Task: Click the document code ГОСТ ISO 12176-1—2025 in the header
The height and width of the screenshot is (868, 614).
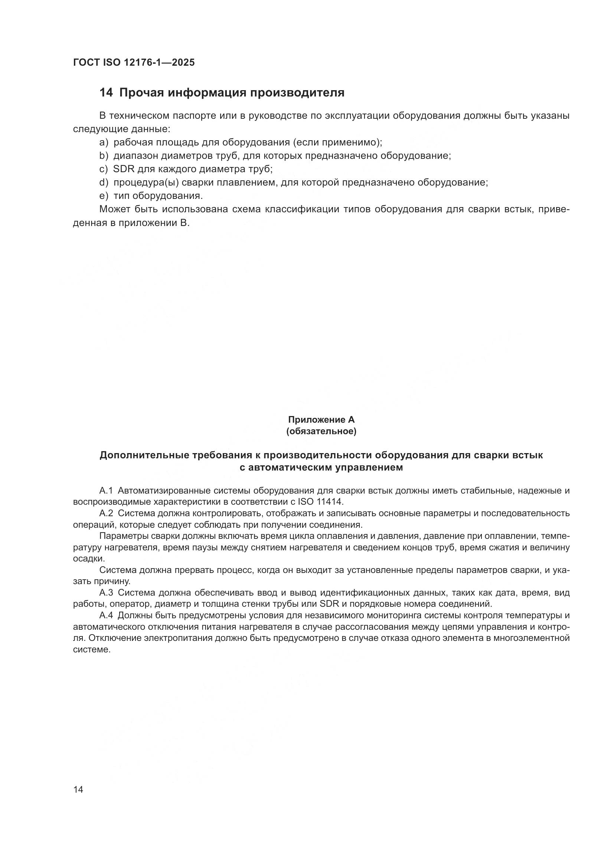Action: coord(134,62)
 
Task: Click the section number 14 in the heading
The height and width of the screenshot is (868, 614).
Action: coord(106,93)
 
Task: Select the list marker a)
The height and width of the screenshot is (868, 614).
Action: coord(104,143)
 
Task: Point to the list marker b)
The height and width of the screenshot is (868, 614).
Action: coord(104,156)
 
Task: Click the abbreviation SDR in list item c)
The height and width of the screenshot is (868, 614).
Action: coord(121,169)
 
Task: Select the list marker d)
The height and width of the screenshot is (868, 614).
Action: coord(104,183)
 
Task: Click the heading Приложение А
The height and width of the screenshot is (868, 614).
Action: coord(321,420)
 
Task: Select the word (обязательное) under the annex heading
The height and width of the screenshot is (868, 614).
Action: coord(321,431)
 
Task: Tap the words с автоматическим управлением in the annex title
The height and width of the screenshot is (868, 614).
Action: coord(321,468)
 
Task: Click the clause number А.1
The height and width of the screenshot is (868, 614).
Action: coord(106,491)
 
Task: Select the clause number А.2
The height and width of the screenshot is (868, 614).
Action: coord(106,513)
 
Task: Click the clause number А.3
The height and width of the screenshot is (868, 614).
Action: coord(106,593)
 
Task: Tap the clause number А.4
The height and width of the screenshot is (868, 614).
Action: coord(106,615)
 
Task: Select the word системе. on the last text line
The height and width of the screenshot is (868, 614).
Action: coord(91,649)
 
